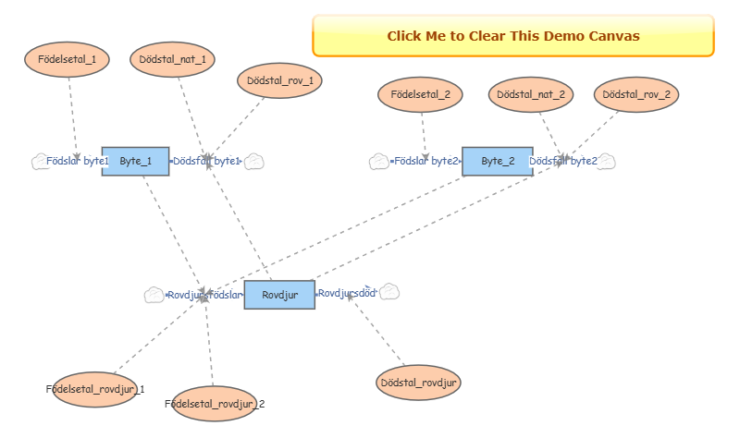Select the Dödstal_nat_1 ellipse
point(173,59)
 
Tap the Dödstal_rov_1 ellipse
point(280,80)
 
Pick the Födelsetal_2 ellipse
point(421,94)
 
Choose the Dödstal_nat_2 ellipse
point(531,94)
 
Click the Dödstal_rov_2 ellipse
point(636,94)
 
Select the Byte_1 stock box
point(135,161)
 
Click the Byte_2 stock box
point(498,161)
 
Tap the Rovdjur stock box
point(278,295)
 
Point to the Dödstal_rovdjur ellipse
point(419,383)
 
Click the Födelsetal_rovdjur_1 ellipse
point(95,389)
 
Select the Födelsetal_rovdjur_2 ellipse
point(215,404)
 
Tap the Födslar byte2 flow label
point(425,161)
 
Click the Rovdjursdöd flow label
point(347,293)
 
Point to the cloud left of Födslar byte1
point(40,161)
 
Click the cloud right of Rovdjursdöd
point(389,292)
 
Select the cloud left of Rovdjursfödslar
point(154,295)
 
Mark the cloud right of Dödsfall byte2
point(606,162)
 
